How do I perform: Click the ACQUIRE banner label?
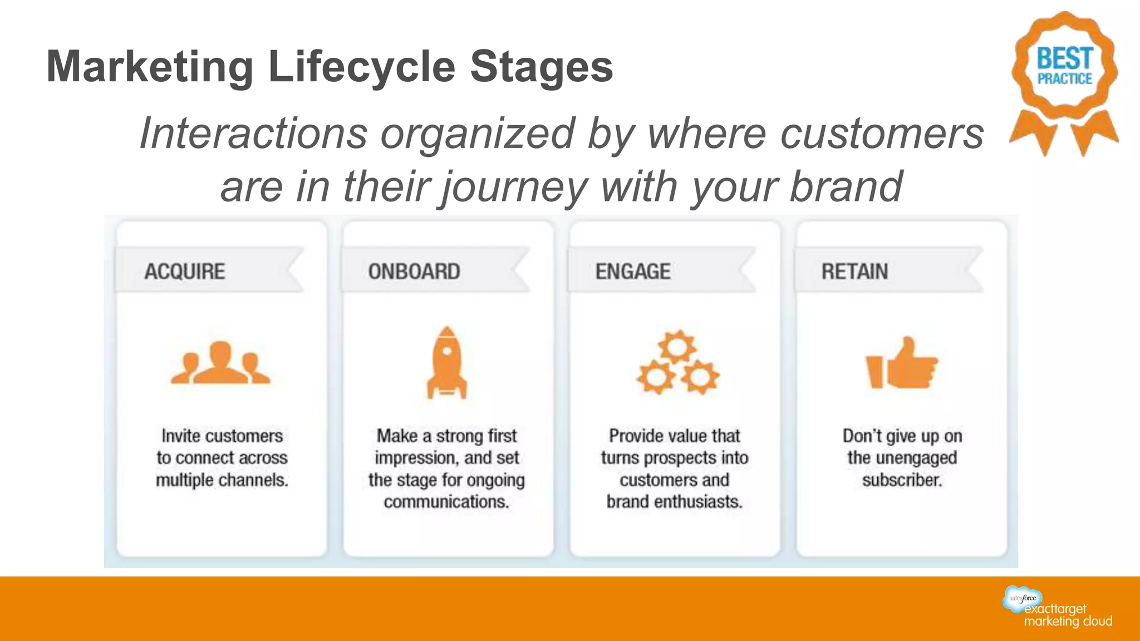coord(185,272)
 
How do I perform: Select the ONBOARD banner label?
coord(414,272)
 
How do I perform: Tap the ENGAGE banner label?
coord(633,272)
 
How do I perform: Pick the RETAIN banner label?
coord(854,272)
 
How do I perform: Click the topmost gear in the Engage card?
coord(677,347)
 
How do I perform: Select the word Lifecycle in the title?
coord(362,67)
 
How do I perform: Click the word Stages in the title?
coord(541,67)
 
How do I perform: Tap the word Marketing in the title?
coord(150,67)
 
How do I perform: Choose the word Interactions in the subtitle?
coord(253,134)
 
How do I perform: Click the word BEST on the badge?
coord(1065,58)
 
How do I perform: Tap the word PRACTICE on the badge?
coord(1065,79)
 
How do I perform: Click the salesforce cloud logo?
coord(1022,599)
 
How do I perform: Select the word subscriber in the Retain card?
coord(902,480)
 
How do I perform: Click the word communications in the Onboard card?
coord(446,502)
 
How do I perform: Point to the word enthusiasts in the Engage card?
coord(698,502)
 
